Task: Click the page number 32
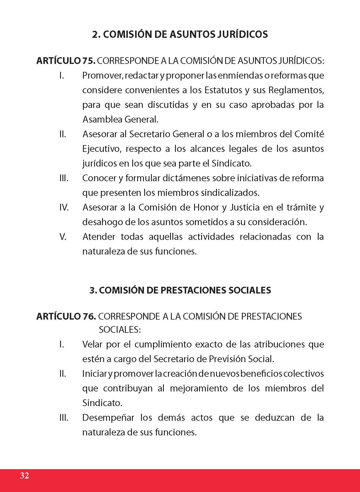coord(25,475)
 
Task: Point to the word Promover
coord(101,76)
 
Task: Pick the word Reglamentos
coord(296,90)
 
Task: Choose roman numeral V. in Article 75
coord(63,237)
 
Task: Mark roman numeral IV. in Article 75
coord(64,207)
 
